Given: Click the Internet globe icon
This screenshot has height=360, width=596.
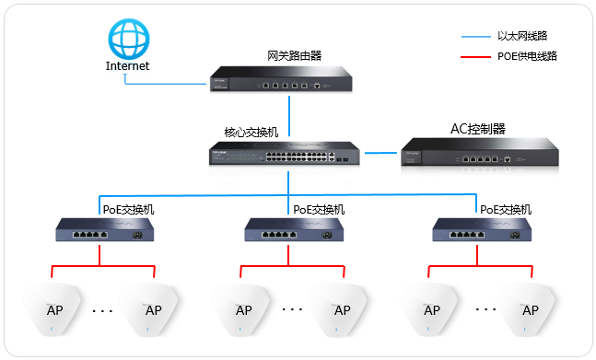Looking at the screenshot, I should tap(126, 39).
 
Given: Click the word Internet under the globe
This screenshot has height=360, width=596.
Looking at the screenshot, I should tap(127, 66).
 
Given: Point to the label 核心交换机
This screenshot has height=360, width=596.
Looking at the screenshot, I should tap(251, 132).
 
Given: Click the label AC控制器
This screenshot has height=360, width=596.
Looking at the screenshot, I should tap(477, 128).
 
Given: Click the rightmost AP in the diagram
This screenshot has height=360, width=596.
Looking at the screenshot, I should tap(530, 308).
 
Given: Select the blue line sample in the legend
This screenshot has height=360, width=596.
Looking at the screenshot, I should tap(473, 38).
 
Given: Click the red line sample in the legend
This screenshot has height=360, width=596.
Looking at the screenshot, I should tap(473, 56).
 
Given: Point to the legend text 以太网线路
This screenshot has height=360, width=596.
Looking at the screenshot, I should tap(528, 37).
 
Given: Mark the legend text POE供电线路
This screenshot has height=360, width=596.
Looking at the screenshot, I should tap(527, 56).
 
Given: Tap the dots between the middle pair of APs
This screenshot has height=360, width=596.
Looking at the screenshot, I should tap(292, 310).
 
